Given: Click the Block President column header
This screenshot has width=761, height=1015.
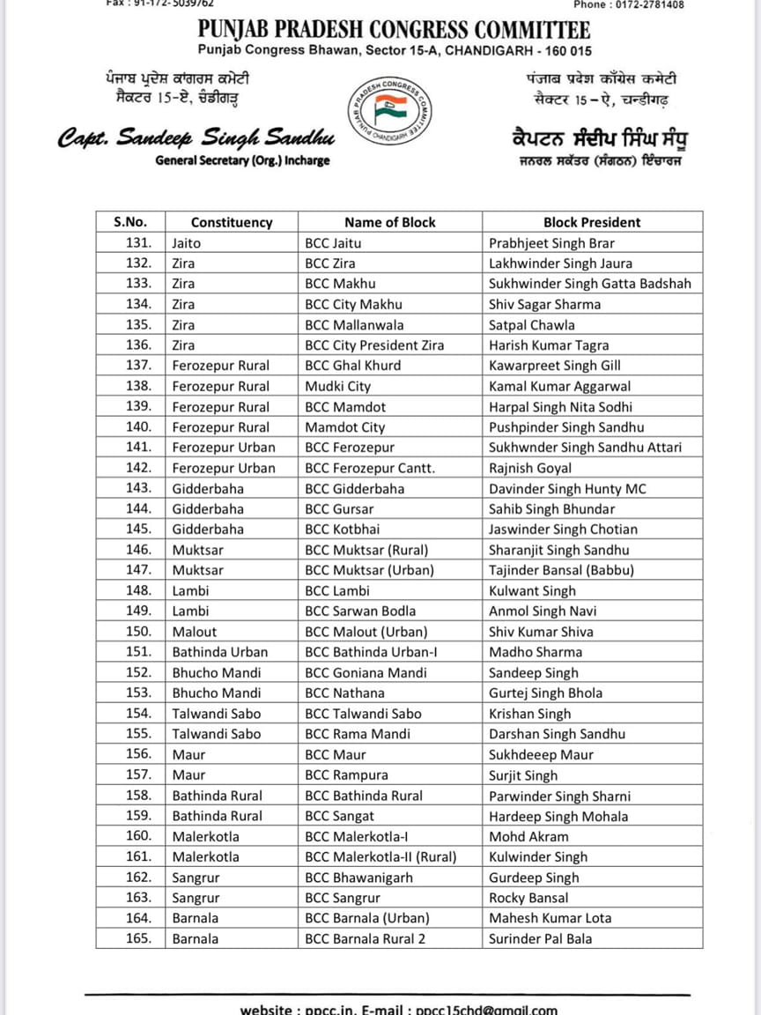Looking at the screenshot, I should click(591, 222).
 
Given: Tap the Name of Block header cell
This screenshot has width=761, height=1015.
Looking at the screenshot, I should click(389, 222).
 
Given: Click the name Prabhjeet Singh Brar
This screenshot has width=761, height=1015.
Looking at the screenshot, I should click(551, 242).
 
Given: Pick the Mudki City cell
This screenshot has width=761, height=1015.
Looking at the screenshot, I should click(338, 386).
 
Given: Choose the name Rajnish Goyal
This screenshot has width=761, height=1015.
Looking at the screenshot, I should click(530, 468).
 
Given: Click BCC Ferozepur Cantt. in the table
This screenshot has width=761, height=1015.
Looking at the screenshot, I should click(370, 468).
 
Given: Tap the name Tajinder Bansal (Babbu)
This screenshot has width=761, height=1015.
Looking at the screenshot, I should click(561, 570).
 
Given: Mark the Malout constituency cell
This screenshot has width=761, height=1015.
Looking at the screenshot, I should click(195, 631).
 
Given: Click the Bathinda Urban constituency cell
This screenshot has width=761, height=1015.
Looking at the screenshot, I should click(219, 652).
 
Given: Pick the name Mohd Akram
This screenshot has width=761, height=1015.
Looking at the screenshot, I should click(528, 836).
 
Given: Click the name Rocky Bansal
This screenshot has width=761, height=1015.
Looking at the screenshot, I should click(529, 898).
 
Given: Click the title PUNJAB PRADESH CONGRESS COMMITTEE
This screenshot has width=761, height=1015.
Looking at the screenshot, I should click(394, 31).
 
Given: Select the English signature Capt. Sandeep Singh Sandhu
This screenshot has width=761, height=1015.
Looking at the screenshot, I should click(196, 138).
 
